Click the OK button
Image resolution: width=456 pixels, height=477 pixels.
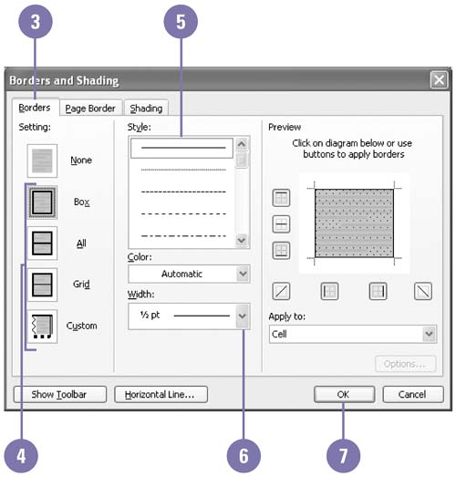(x=344, y=394)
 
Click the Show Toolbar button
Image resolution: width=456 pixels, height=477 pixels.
(x=60, y=394)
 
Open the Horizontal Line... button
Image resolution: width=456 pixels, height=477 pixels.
(x=161, y=394)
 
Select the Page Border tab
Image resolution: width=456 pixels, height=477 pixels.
(x=90, y=108)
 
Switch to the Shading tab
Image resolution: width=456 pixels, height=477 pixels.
(x=146, y=108)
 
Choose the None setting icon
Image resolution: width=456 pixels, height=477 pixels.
(x=42, y=161)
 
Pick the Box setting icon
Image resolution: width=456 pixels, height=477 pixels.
(x=42, y=202)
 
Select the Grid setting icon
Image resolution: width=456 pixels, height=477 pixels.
(x=42, y=285)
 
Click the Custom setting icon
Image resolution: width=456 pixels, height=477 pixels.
(x=42, y=327)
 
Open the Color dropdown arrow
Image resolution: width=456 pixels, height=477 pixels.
(x=243, y=274)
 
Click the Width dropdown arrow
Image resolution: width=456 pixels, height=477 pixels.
(x=243, y=316)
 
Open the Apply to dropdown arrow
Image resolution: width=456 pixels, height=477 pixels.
(x=430, y=334)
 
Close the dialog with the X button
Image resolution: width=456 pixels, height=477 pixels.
(x=439, y=80)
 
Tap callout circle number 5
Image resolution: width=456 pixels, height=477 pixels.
(x=181, y=22)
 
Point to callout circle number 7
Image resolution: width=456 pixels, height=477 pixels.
(x=343, y=456)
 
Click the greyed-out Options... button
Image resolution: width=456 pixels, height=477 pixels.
(x=406, y=364)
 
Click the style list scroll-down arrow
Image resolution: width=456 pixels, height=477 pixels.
(x=242, y=241)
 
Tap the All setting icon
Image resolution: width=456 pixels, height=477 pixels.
(x=42, y=244)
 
